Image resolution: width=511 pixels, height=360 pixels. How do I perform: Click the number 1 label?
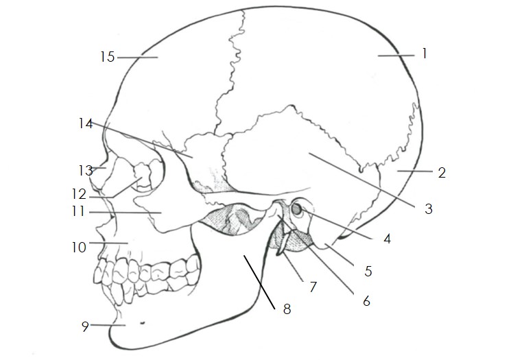click(425, 53)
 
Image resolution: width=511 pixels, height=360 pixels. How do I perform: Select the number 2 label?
click(442, 172)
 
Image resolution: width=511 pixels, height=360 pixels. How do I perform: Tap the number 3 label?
click(429, 209)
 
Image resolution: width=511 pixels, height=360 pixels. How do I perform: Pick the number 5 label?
click(368, 272)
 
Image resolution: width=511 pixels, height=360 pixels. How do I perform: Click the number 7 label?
click(313, 287)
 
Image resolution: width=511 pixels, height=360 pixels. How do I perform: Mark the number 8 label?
click(287, 309)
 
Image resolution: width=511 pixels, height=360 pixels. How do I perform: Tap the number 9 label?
click(86, 326)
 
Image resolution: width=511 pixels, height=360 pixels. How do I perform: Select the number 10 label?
click(80, 244)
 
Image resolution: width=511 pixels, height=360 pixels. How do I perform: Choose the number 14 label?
click(84, 124)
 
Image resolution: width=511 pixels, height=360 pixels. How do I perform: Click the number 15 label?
click(107, 58)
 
